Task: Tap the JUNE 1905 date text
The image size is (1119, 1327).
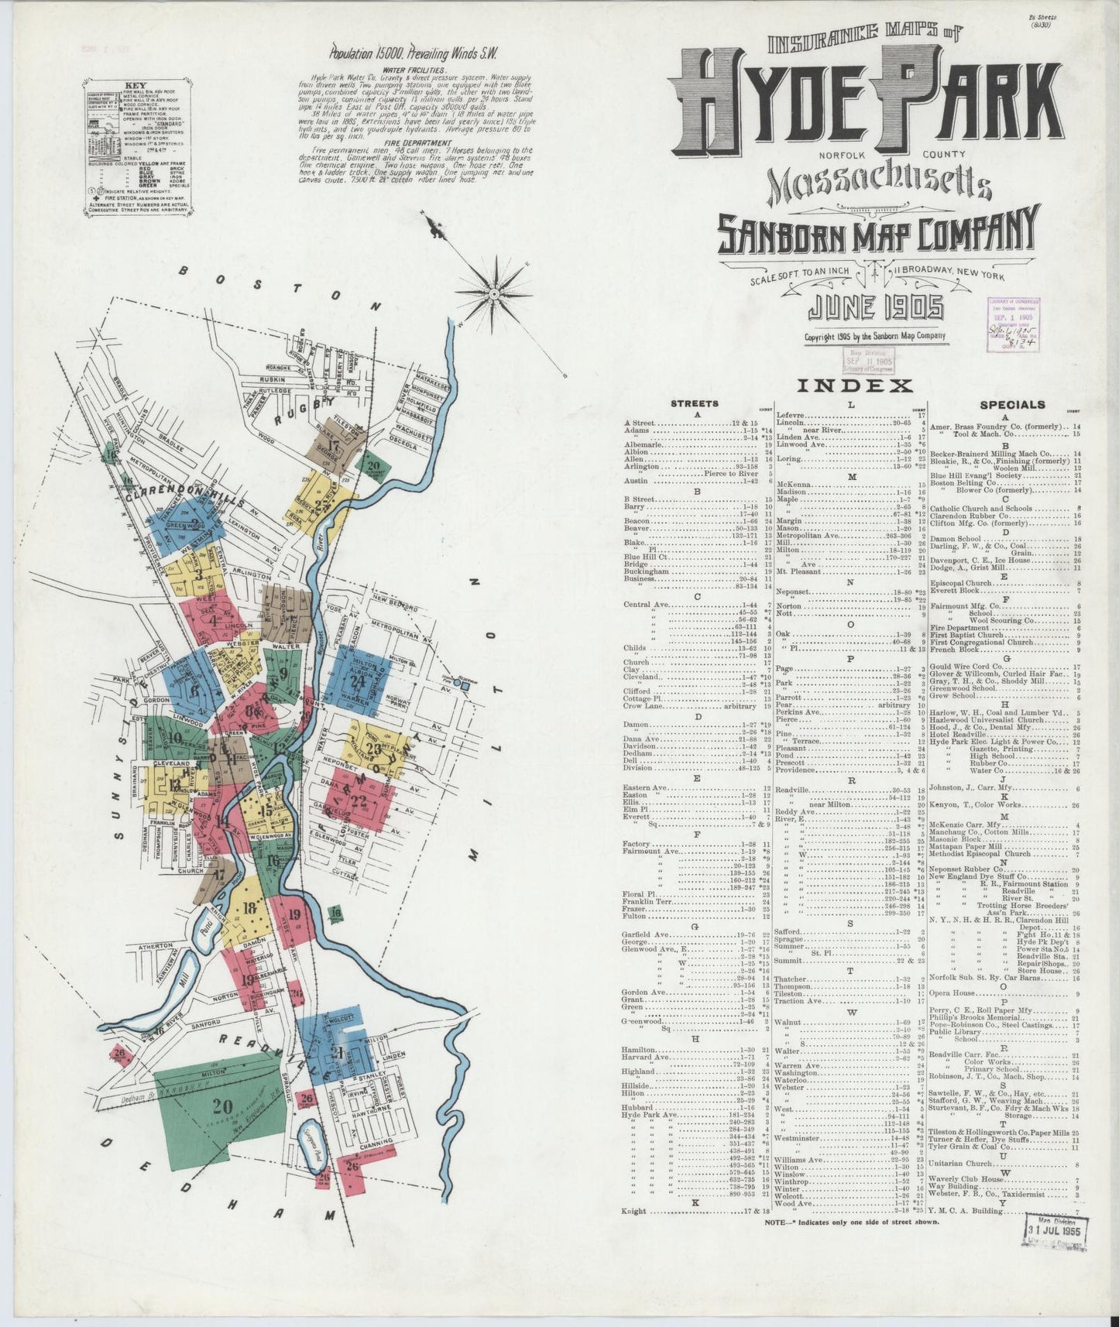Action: (x=876, y=309)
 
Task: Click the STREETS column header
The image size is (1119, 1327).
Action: (x=694, y=403)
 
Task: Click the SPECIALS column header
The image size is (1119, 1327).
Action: (x=1012, y=404)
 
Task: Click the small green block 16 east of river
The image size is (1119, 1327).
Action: (x=335, y=914)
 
